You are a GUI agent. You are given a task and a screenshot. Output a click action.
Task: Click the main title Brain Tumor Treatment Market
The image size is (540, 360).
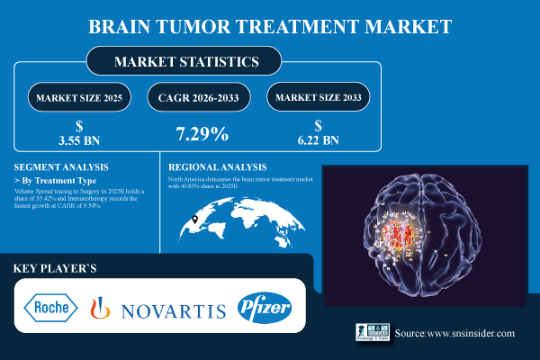pyautogui.click(x=270, y=26)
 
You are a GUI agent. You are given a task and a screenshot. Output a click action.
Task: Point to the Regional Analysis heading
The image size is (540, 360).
pyautogui.click(x=218, y=167)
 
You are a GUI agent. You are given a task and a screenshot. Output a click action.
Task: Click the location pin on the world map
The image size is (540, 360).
pyautogui.click(x=194, y=219)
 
